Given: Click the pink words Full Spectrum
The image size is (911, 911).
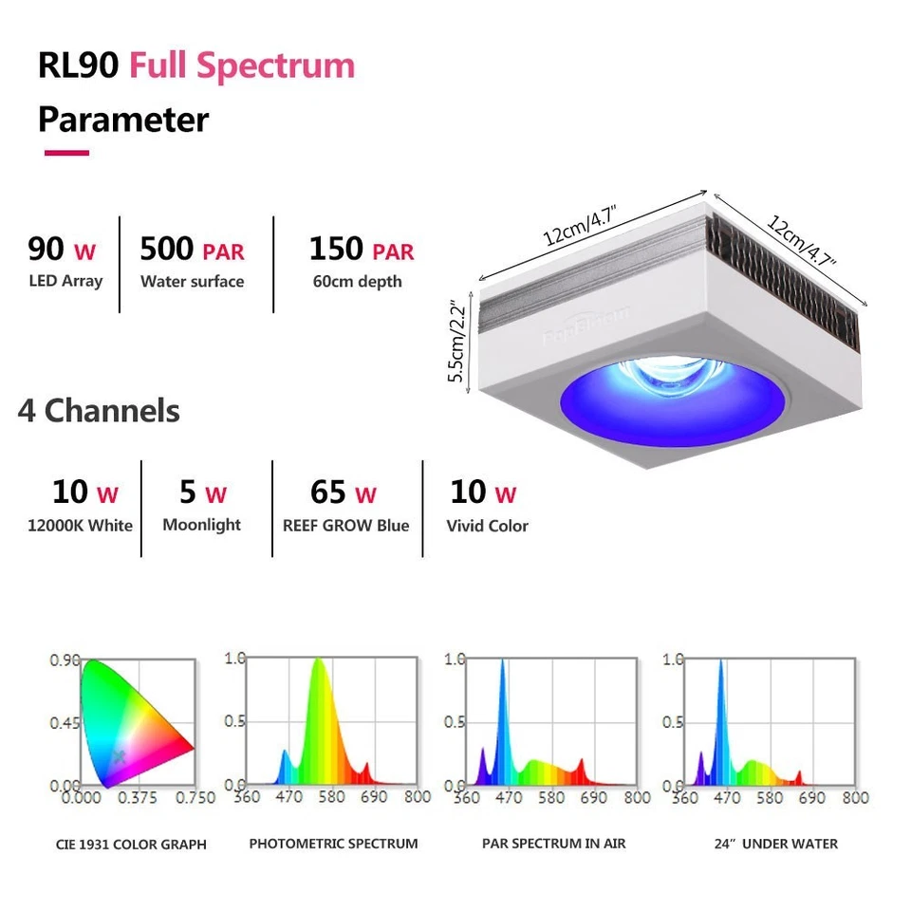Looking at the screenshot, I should [x=242, y=66].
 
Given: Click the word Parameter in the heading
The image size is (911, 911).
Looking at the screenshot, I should [x=123, y=121].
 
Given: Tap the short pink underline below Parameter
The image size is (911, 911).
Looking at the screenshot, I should [x=66, y=152].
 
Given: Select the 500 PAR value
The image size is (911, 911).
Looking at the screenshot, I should [x=192, y=250].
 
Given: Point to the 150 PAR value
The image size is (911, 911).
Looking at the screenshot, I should [x=362, y=250].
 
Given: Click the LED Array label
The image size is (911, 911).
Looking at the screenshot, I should [x=65, y=281].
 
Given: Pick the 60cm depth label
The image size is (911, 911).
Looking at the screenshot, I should [x=357, y=281].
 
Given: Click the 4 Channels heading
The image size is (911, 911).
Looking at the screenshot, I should [x=99, y=411].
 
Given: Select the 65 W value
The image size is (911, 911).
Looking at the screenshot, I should [x=344, y=493].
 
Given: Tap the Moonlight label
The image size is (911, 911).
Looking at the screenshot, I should [x=201, y=525].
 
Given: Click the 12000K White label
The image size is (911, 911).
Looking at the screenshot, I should [x=81, y=525].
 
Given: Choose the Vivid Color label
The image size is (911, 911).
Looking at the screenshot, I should [x=487, y=525].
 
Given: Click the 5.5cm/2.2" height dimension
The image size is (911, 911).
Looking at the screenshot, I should [x=458, y=342].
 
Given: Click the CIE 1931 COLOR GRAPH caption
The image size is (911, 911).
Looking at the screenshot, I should [x=131, y=844].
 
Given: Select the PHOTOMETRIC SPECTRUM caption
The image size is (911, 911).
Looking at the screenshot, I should [x=333, y=843].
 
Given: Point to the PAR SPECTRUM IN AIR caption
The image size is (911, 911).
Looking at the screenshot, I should [x=554, y=843].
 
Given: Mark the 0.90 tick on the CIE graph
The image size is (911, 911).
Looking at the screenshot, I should [x=65, y=660].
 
